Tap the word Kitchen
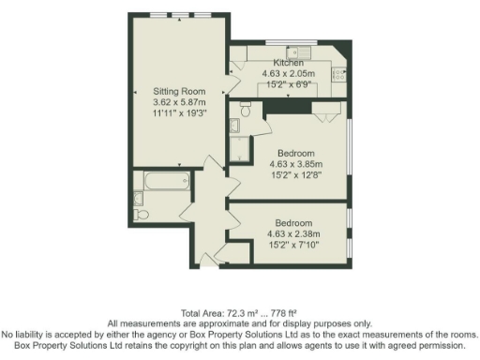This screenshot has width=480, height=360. pyautogui.click(x=288, y=62)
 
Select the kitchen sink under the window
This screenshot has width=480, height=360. pyautogui.click(x=300, y=51)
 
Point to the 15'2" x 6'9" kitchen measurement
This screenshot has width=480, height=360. pyautogui.click(x=288, y=82)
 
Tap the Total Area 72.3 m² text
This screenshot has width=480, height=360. pyautogui.click(x=240, y=312)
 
